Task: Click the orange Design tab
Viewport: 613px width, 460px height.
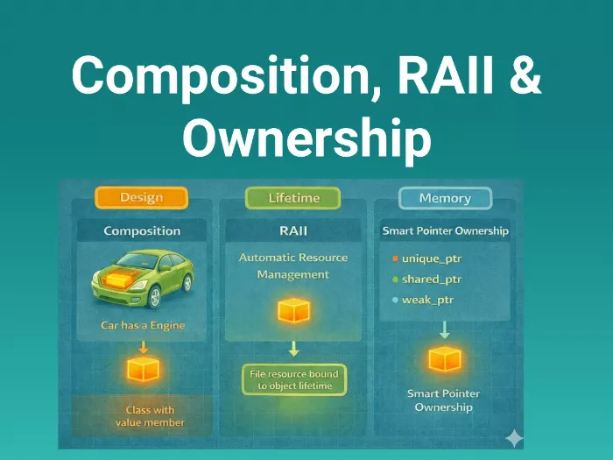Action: click(x=140, y=199)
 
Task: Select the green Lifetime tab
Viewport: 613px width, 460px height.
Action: click(x=293, y=199)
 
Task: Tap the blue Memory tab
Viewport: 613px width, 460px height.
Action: click(x=444, y=199)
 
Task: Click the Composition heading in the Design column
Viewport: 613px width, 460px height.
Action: click(x=142, y=231)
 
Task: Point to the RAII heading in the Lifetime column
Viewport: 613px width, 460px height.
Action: click(x=294, y=231)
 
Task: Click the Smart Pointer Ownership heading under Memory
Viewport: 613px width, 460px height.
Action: click(x=445, y=231)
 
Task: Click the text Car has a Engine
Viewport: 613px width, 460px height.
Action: click(x=143, y=326)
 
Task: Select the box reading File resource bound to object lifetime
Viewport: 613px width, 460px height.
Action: click(x=293, y=379)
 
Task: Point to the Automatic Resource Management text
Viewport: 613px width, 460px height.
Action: click(x=293, y=265)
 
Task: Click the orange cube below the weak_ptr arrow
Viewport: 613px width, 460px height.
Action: click(x=444, y=359)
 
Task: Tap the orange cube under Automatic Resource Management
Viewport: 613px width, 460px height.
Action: click(x=293, y=311)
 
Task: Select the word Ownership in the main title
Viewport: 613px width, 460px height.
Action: click(x=306, y=138)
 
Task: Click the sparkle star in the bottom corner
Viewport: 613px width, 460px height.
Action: click(x=514, y=437)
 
